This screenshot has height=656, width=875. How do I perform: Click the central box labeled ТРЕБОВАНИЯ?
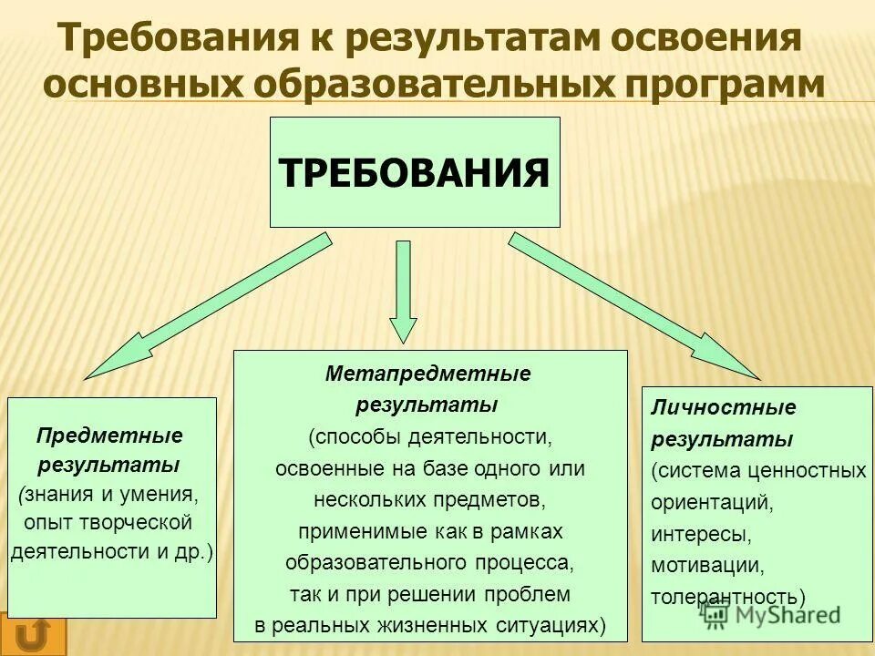[415, 172]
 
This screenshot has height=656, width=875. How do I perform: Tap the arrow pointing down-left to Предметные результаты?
[210, 304]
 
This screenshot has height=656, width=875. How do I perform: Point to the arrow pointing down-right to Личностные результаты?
[633, 304]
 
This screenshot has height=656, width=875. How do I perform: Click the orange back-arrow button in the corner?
[34, 635]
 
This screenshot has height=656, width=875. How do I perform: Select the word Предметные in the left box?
[109, 436]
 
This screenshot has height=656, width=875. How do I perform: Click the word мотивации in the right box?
[707, 566]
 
